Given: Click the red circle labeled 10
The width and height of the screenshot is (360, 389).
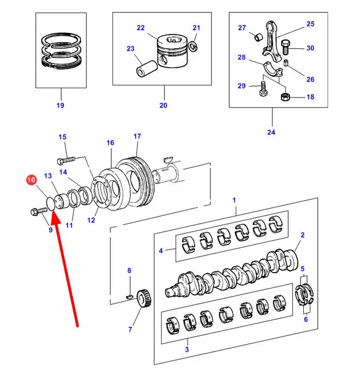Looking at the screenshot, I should [x=30, y=179].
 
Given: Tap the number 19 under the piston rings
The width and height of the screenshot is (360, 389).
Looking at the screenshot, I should [x=60, y=105].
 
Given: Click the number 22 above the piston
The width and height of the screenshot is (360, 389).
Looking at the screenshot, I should [x=141, y=28].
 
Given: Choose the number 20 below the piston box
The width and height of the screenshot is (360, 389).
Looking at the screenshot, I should [x=163, y=105].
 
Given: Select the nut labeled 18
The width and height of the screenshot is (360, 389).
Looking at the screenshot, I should [x=285, y=97].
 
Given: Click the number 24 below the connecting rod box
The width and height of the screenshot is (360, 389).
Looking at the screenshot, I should [x=271, y=132].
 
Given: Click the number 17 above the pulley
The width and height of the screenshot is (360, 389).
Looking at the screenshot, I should [x=137, y=136].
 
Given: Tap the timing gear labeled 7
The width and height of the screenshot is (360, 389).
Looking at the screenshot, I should [x=143, y=299].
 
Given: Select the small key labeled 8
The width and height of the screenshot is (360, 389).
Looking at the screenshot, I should [x=129, y=296].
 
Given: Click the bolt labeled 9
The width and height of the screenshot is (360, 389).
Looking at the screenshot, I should [x=38, y=212].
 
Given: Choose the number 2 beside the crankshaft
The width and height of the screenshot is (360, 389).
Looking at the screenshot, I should [x=302, y=235].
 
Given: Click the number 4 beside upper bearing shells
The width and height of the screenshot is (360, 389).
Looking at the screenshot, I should [x=161, y=250].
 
